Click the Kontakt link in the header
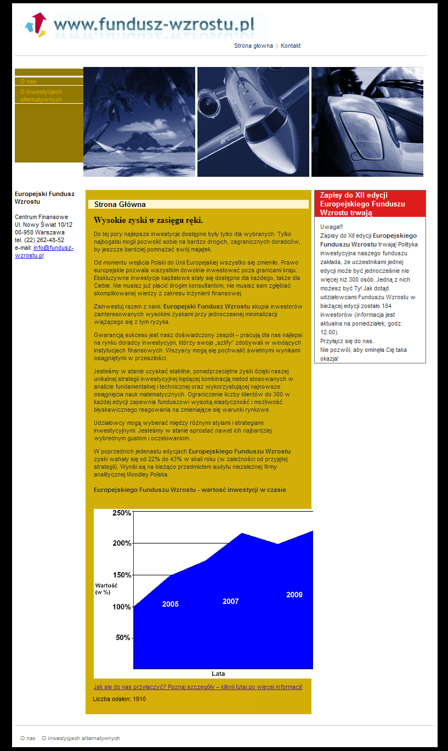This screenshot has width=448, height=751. (x=291, y=46)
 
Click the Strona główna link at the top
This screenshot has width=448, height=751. (x=253, y=46)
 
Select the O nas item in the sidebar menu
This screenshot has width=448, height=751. (x=29, y=81)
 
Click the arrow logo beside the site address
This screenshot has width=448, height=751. (x=36, y=25)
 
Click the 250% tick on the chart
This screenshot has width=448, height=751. (x=121, y=513)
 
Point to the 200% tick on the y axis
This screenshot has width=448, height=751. (x=121, y=543)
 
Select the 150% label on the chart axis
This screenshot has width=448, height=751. (x=121, y=575)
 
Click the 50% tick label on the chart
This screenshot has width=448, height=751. (x=123, y=637)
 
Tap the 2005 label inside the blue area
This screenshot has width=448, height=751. (x=170, y=604)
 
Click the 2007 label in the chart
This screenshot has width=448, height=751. (x=230, y=601)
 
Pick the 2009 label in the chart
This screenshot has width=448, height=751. (x=294, y=595)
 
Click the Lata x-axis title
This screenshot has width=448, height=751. (x=218, y=674)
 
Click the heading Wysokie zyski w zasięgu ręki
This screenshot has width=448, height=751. (x=148, y=220)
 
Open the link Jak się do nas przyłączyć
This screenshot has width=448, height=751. (x=197, y=687)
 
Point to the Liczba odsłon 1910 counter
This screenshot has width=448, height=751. (x=119, y=699)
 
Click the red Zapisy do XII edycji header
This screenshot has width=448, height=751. (x=370, y=204)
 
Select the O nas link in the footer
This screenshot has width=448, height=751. (x=28, y=738)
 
